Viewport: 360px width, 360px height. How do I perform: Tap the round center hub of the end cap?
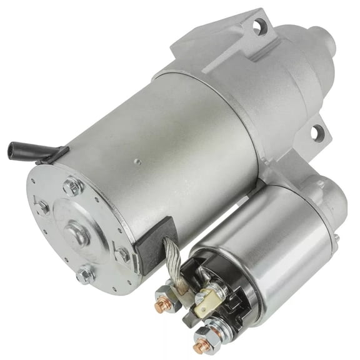(x=77, y=233)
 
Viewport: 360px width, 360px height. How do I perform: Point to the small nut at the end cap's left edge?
(x=42, y=207)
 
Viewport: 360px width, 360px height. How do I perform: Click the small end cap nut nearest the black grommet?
(x=123, y=254)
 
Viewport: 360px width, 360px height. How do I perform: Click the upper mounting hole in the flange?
(x=257, y=26)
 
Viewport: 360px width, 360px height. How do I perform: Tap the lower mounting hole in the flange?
(x=317, y=132)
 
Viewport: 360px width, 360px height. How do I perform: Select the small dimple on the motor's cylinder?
(x=137, y=161)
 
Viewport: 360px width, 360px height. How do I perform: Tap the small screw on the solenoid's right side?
(x=336, y=238)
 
